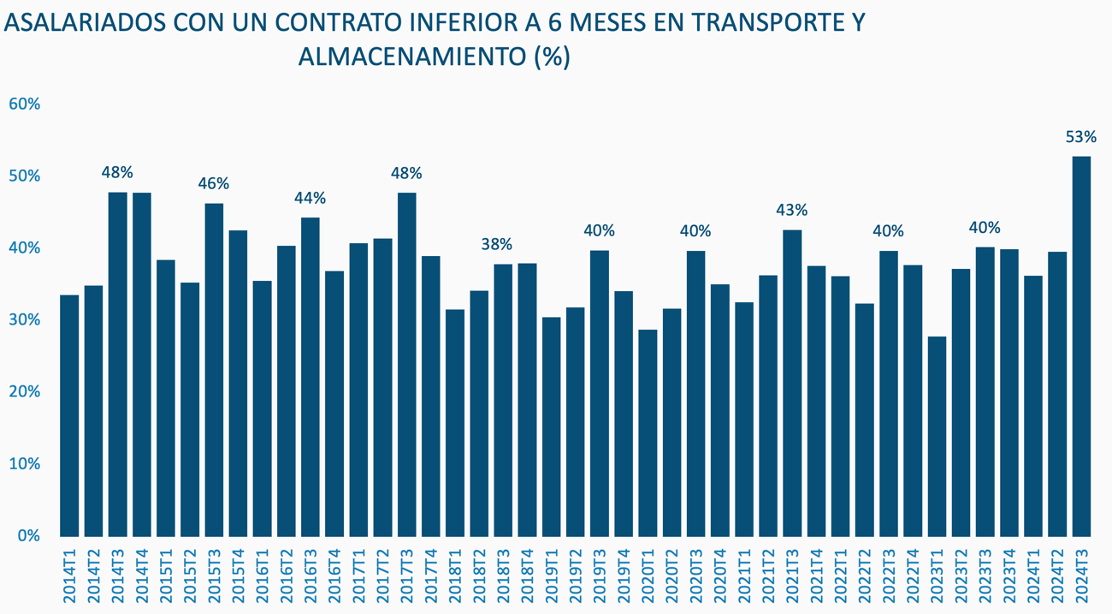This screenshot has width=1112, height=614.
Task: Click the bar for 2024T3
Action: click(1081, 346)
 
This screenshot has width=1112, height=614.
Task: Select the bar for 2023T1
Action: click(937, 436)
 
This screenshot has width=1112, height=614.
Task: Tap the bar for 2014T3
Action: click(117, 364)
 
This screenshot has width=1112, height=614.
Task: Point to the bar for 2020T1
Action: click(648, 432)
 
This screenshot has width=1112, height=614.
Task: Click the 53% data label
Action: click(1081, 137)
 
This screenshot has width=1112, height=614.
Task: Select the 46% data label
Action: click(214, 183)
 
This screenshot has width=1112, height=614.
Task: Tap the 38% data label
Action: click(503, 244)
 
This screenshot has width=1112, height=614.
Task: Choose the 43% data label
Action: click(792, 210)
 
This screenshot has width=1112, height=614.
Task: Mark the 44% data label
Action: click(310, 198)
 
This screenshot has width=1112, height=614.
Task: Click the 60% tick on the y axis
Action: click(25, 104)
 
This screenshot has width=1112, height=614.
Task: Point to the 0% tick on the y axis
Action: click(29, 536)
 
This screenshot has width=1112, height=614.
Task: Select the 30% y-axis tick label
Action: click(25, 320)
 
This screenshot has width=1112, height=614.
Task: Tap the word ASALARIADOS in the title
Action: click(85, 23)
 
